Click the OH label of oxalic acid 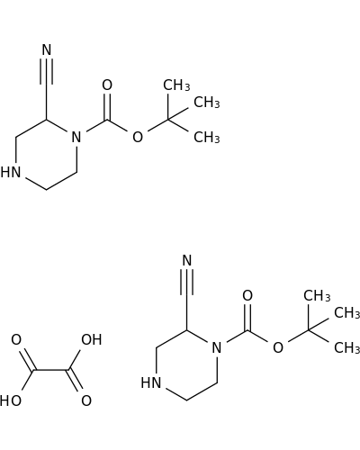pyautogui.click(x=92, y=339)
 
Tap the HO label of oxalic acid pyautogui.click(x=11, y=400)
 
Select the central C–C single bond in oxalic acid pyautogui.click(x=50, y=370)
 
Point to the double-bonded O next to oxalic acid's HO pyautogui.click(x=16, y=339)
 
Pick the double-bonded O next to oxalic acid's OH pyautogui.click(x=86, y=400)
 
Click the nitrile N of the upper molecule pyautogui.click(x=47, y=49)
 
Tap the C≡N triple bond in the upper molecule pyautogui.click(x=47, y=71)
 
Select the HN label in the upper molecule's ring pyautogui.click(x=11, y=173)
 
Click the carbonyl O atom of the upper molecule pyautogui.click(x=107, y=85)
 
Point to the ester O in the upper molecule pyautogui.click(x=138, y=137)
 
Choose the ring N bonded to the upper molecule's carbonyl pyautogui.click(x=76, y=137)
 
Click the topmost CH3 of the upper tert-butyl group pyautogui.click(x=176, y=85)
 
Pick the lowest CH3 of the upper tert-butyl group pyautogui.click(x=207, y=138)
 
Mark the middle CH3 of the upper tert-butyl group pyautogui.click(x=207, y=103)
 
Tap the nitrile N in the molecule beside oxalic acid pyautogui.click(x=187, y=260)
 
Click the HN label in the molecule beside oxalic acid pyautogui.click(x=151, y=383)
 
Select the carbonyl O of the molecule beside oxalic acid pyautogui.click(x=247, y=295)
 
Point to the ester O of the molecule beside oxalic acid pyautogui.click(x=278, y=347)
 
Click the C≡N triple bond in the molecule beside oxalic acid pyautogui.click(x=187, y=282)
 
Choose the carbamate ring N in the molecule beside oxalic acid pyautogui.click(x=217, y=347)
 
